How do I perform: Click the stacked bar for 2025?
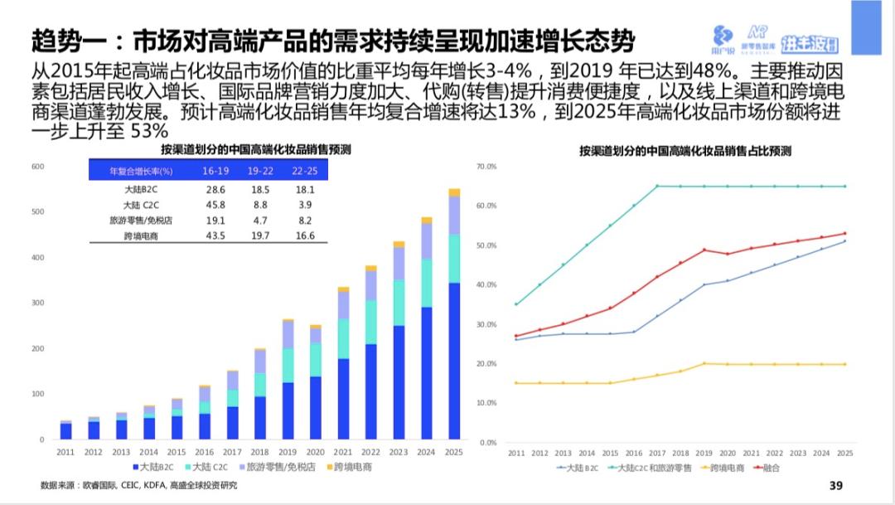(454, 315)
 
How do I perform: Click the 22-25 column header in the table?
(303, 171)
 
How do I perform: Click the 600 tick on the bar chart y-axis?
(37, 167)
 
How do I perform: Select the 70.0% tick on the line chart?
(486, 167)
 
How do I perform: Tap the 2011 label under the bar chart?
(65, 452)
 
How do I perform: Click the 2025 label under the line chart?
(844, 454)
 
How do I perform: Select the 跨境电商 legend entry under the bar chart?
(351, 468)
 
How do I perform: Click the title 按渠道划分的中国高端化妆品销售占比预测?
(685, 151)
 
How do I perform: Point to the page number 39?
(835, 485)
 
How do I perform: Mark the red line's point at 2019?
(704, 250)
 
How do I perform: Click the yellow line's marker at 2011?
(515, 383)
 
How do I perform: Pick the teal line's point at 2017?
(657, 186)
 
